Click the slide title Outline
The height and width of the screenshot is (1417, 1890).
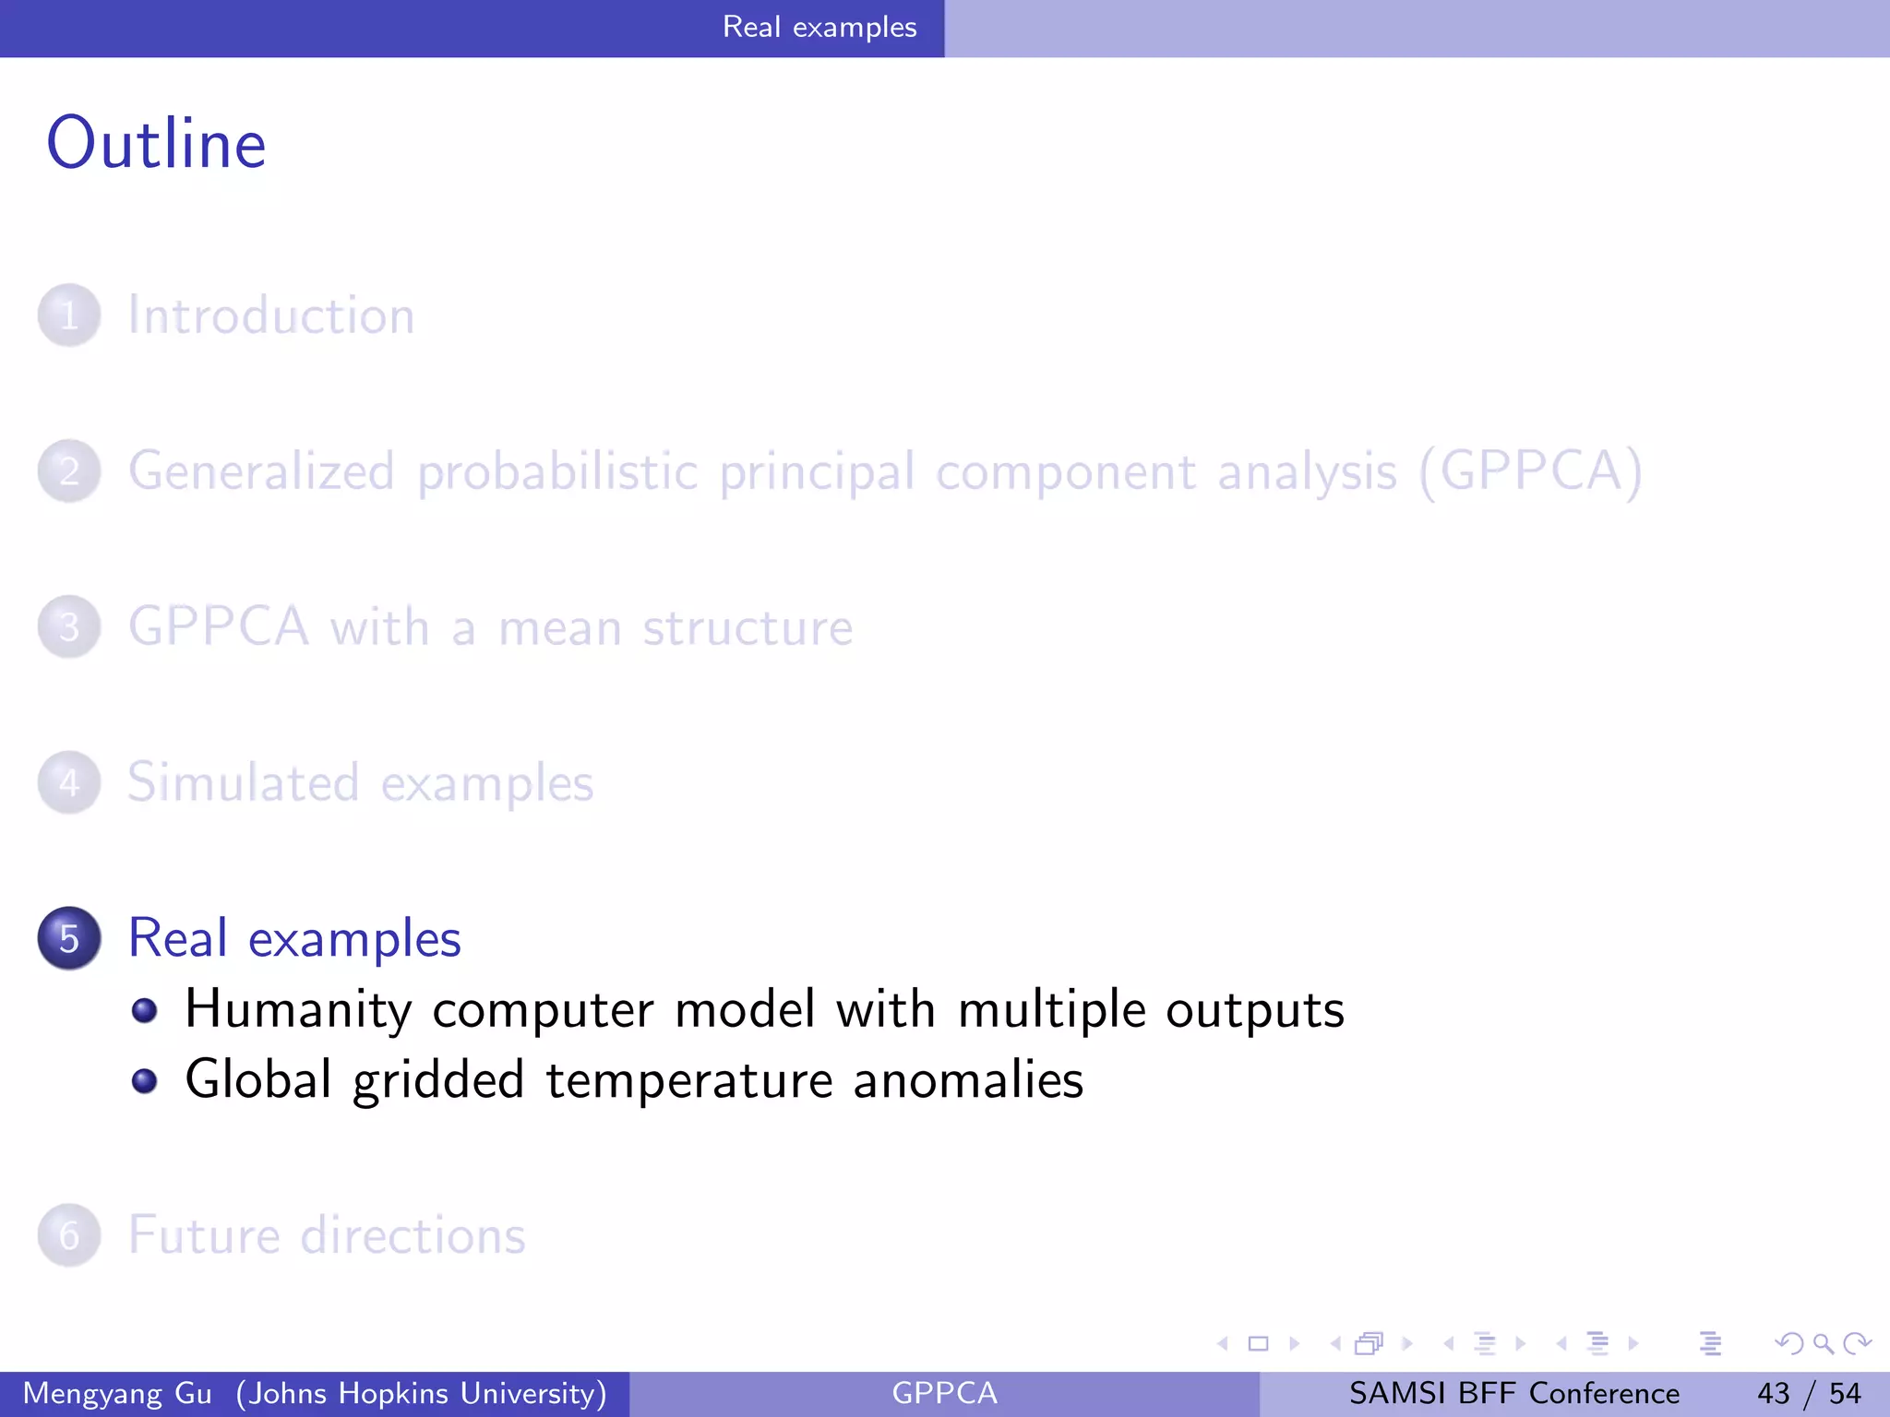(157, 144)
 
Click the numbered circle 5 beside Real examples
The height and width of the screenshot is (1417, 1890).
(69, 938)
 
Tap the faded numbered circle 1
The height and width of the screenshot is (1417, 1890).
(69, 316)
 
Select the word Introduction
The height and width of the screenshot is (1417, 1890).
(271, 316)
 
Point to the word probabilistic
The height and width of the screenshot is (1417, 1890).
(557, 471)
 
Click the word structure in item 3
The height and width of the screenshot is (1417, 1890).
(748, 628)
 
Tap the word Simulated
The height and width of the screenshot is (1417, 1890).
(243, 783)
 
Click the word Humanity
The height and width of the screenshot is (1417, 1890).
(297, 1009)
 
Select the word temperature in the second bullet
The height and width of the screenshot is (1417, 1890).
(689, 1080)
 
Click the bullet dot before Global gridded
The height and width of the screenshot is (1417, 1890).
(144, 1080)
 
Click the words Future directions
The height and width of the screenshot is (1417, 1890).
(327, 1235)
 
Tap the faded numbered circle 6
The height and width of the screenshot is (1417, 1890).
(69, 1235)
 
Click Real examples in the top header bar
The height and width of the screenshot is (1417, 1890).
(819, 28)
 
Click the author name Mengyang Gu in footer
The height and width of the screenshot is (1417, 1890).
(117, 1393)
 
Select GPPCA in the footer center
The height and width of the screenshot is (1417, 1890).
(944, 1393)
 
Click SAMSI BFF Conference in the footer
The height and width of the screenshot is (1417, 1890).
(1513, 1393)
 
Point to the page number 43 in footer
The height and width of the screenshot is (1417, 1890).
(1773, 1393)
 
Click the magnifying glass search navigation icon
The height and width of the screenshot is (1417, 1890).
(1823, 1343)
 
